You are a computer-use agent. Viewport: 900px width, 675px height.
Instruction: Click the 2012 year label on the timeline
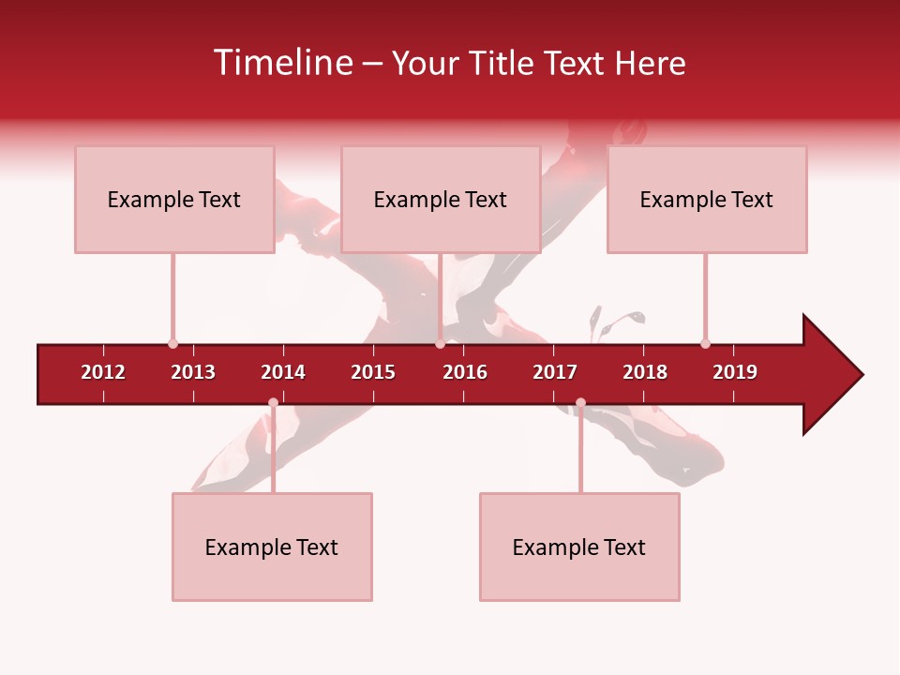coord(103,372)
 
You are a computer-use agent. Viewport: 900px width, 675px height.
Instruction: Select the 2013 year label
coord(193,372)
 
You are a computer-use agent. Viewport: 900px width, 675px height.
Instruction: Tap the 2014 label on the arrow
coord(283,372)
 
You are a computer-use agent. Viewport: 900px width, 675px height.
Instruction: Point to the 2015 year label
coord(373,372)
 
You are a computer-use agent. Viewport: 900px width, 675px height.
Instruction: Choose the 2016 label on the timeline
coord(465,372)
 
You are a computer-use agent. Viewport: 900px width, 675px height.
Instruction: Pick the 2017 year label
coord(555,372)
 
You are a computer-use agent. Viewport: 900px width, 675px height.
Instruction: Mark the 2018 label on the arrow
coord(645,372)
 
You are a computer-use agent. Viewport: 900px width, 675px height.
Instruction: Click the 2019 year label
coord(735,372)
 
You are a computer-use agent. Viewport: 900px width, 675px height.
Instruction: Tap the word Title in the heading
coord(502,63)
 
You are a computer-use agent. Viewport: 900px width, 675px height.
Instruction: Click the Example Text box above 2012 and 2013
coord(174,199)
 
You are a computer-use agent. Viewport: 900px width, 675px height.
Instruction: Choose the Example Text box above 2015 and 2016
coord(440,199)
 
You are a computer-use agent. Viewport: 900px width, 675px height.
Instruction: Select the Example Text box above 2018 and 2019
coord(707,199)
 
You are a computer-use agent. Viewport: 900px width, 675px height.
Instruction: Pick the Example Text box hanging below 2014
coord(272,547)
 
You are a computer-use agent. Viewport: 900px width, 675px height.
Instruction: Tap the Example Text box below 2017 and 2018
coord(579,547)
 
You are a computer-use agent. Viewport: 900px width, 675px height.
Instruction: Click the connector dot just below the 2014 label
coord(273,403)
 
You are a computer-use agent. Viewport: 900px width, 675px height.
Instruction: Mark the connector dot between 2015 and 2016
coord(440,344)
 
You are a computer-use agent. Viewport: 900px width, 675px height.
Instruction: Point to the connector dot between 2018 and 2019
coord(705,344)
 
